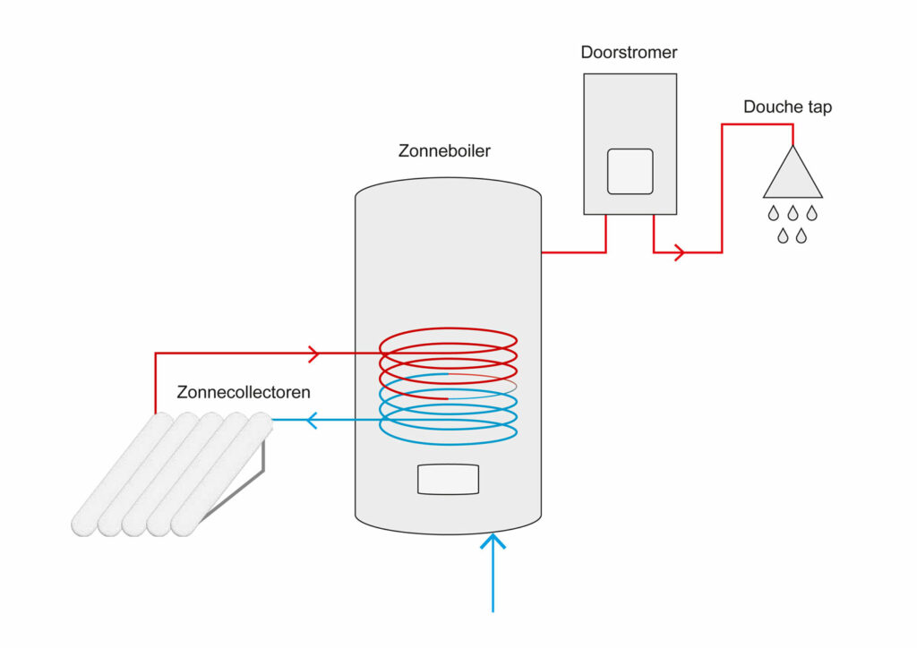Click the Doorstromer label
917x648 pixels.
[x=629, y=53]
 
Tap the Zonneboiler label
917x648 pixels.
[x=444, y=151]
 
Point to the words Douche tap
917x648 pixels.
[x=787, y=107]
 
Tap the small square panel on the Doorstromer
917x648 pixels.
[x=630, y=171]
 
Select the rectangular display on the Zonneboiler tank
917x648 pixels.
[x=448, y=480]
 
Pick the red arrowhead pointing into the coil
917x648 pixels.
[x=313, y=354]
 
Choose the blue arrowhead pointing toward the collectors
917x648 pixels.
[x=312, y=419]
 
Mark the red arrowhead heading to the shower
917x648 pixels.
[x=679, y=252]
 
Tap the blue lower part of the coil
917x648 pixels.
[x=448, y=421]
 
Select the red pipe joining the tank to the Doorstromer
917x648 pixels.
[x=573, y=252]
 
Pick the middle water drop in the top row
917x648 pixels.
[x=793, y=213]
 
